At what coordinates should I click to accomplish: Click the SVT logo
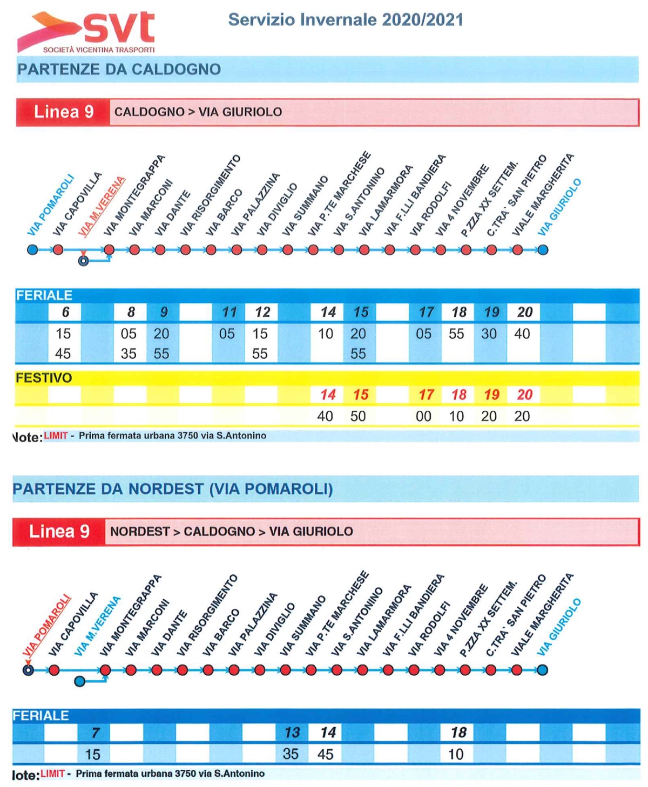[x=86, y=32]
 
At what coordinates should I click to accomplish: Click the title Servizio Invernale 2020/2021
[x=346, y=20]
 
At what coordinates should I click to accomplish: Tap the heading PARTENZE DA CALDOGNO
[x=119, y=70]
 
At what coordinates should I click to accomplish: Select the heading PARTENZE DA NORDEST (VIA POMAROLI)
[x=172, y=489]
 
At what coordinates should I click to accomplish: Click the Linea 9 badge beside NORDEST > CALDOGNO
[x=59, y=531]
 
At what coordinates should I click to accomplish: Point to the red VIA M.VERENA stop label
[x=102, y=206]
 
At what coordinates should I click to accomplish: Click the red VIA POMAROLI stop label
[x=46, y=625]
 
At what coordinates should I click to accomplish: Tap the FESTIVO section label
[x=44, y=378]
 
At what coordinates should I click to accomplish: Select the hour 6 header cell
[x=65, y=312]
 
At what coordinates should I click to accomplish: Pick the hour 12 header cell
[x=262, y=312]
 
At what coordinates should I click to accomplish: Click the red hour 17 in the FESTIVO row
[x=426, y=395]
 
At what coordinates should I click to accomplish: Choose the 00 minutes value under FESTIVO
[x=423, y=416]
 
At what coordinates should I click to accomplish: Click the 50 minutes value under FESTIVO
[x=357, y=416]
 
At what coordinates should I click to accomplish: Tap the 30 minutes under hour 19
[x=489, y=334]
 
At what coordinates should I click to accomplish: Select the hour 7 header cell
[x=96, y=732]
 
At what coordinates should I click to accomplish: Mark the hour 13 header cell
[x=292, y=732]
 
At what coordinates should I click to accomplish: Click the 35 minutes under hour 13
[x=291, y=754]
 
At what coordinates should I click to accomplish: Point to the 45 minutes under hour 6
[x=63, y=354]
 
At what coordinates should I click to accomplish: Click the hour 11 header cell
[x=230, y=312]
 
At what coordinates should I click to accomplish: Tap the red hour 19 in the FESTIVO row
[x=491, y=395]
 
